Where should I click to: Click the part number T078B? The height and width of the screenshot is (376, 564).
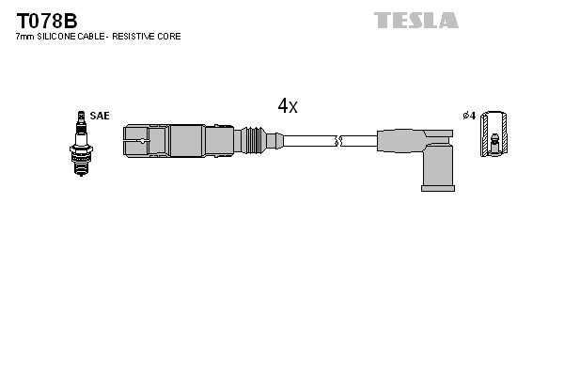click(45, 19)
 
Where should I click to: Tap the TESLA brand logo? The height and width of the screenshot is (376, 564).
click(416, 20)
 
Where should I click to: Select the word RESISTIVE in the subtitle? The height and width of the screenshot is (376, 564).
click(136, 37)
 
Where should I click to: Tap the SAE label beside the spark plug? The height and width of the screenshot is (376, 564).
click(101, 116)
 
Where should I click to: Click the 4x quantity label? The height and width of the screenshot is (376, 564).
click(288, 106)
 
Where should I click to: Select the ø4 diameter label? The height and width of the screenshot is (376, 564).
click(469, 116)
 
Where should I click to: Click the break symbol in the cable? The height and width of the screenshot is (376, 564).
click(339, 141)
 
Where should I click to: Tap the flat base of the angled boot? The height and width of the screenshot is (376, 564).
click(437, 188)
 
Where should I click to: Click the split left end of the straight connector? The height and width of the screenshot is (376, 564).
click(137, 141)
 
